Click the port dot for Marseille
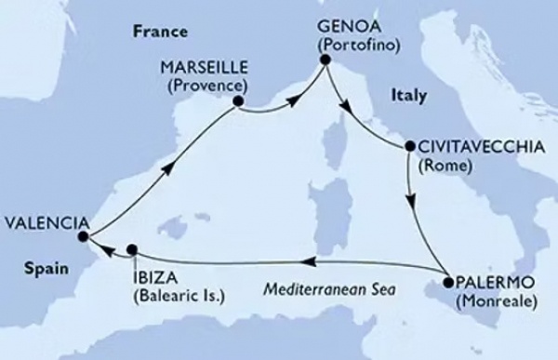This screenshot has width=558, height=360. [238, 101]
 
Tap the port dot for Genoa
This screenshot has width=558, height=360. [325, 60]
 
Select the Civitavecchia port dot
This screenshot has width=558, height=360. [408, 147]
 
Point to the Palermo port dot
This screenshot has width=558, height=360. [447, 282]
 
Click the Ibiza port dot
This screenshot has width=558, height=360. [132, 248]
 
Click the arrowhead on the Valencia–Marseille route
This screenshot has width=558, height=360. [166, 168]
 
